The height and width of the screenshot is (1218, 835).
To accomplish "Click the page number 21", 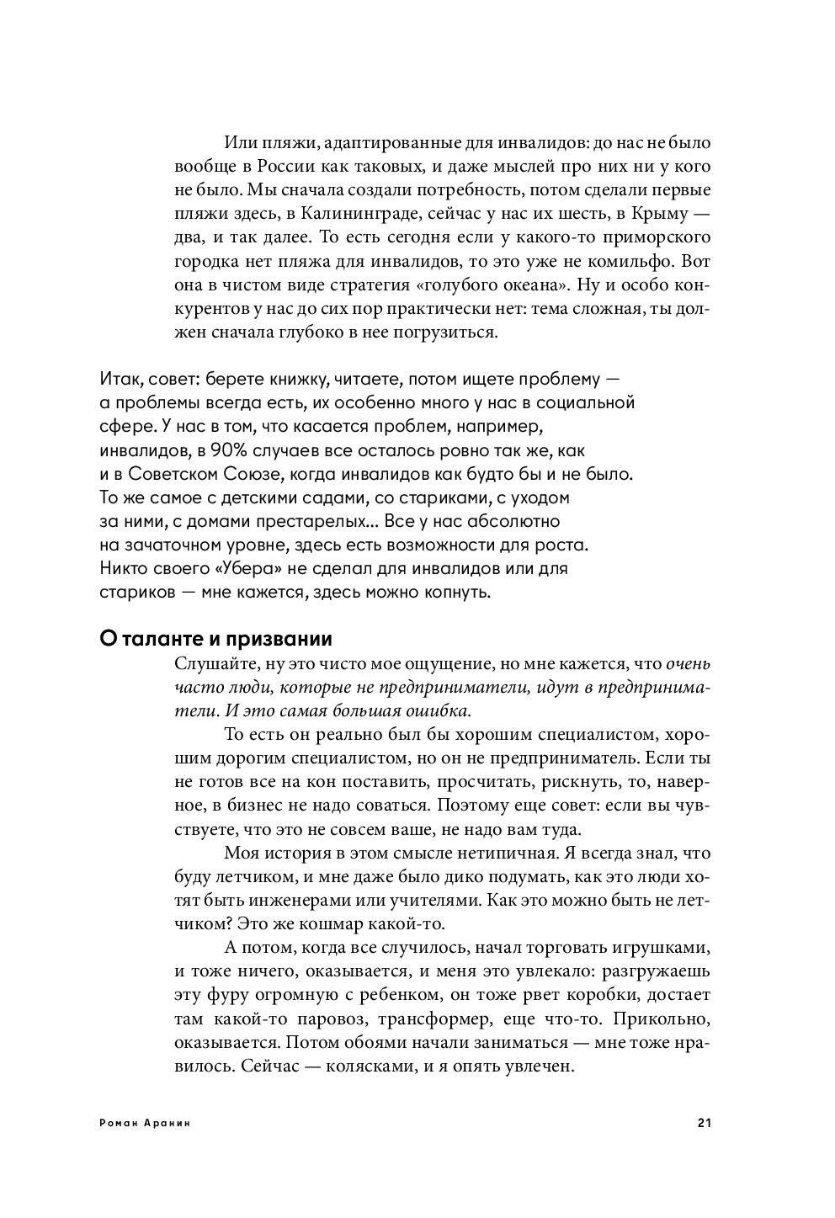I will pos(705,1122).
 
